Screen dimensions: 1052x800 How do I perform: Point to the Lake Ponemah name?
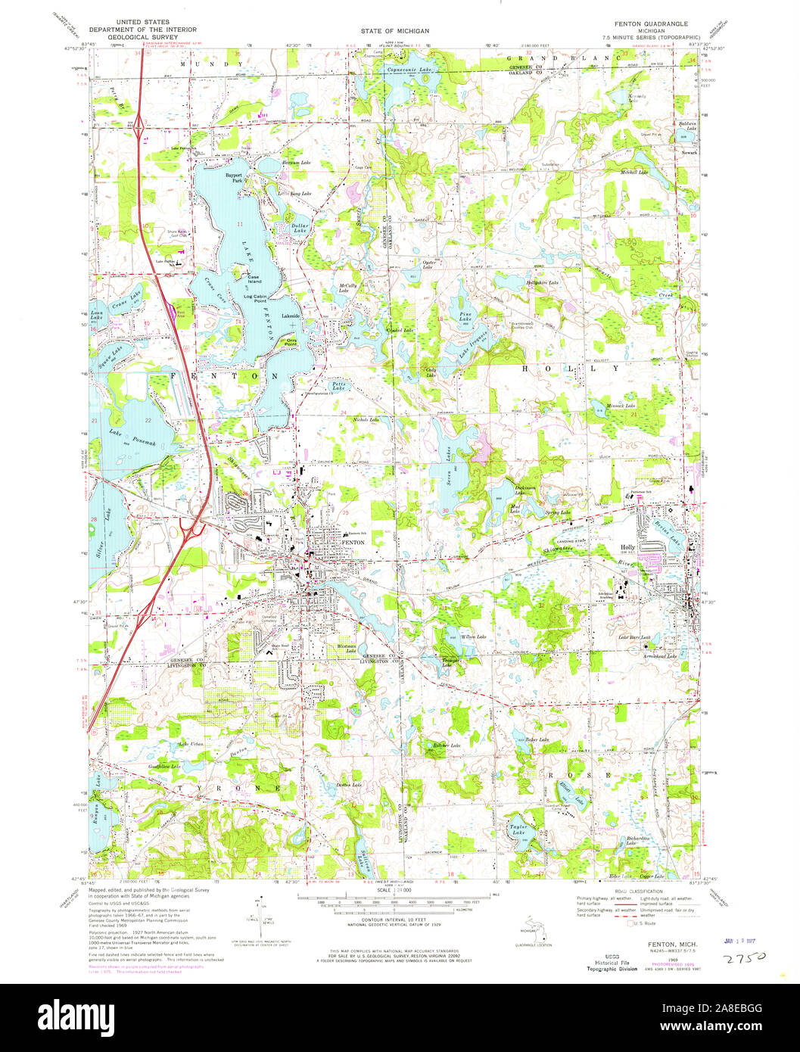click(x=132, y=437)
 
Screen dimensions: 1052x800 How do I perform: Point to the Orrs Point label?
click(x=291, y=341)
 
